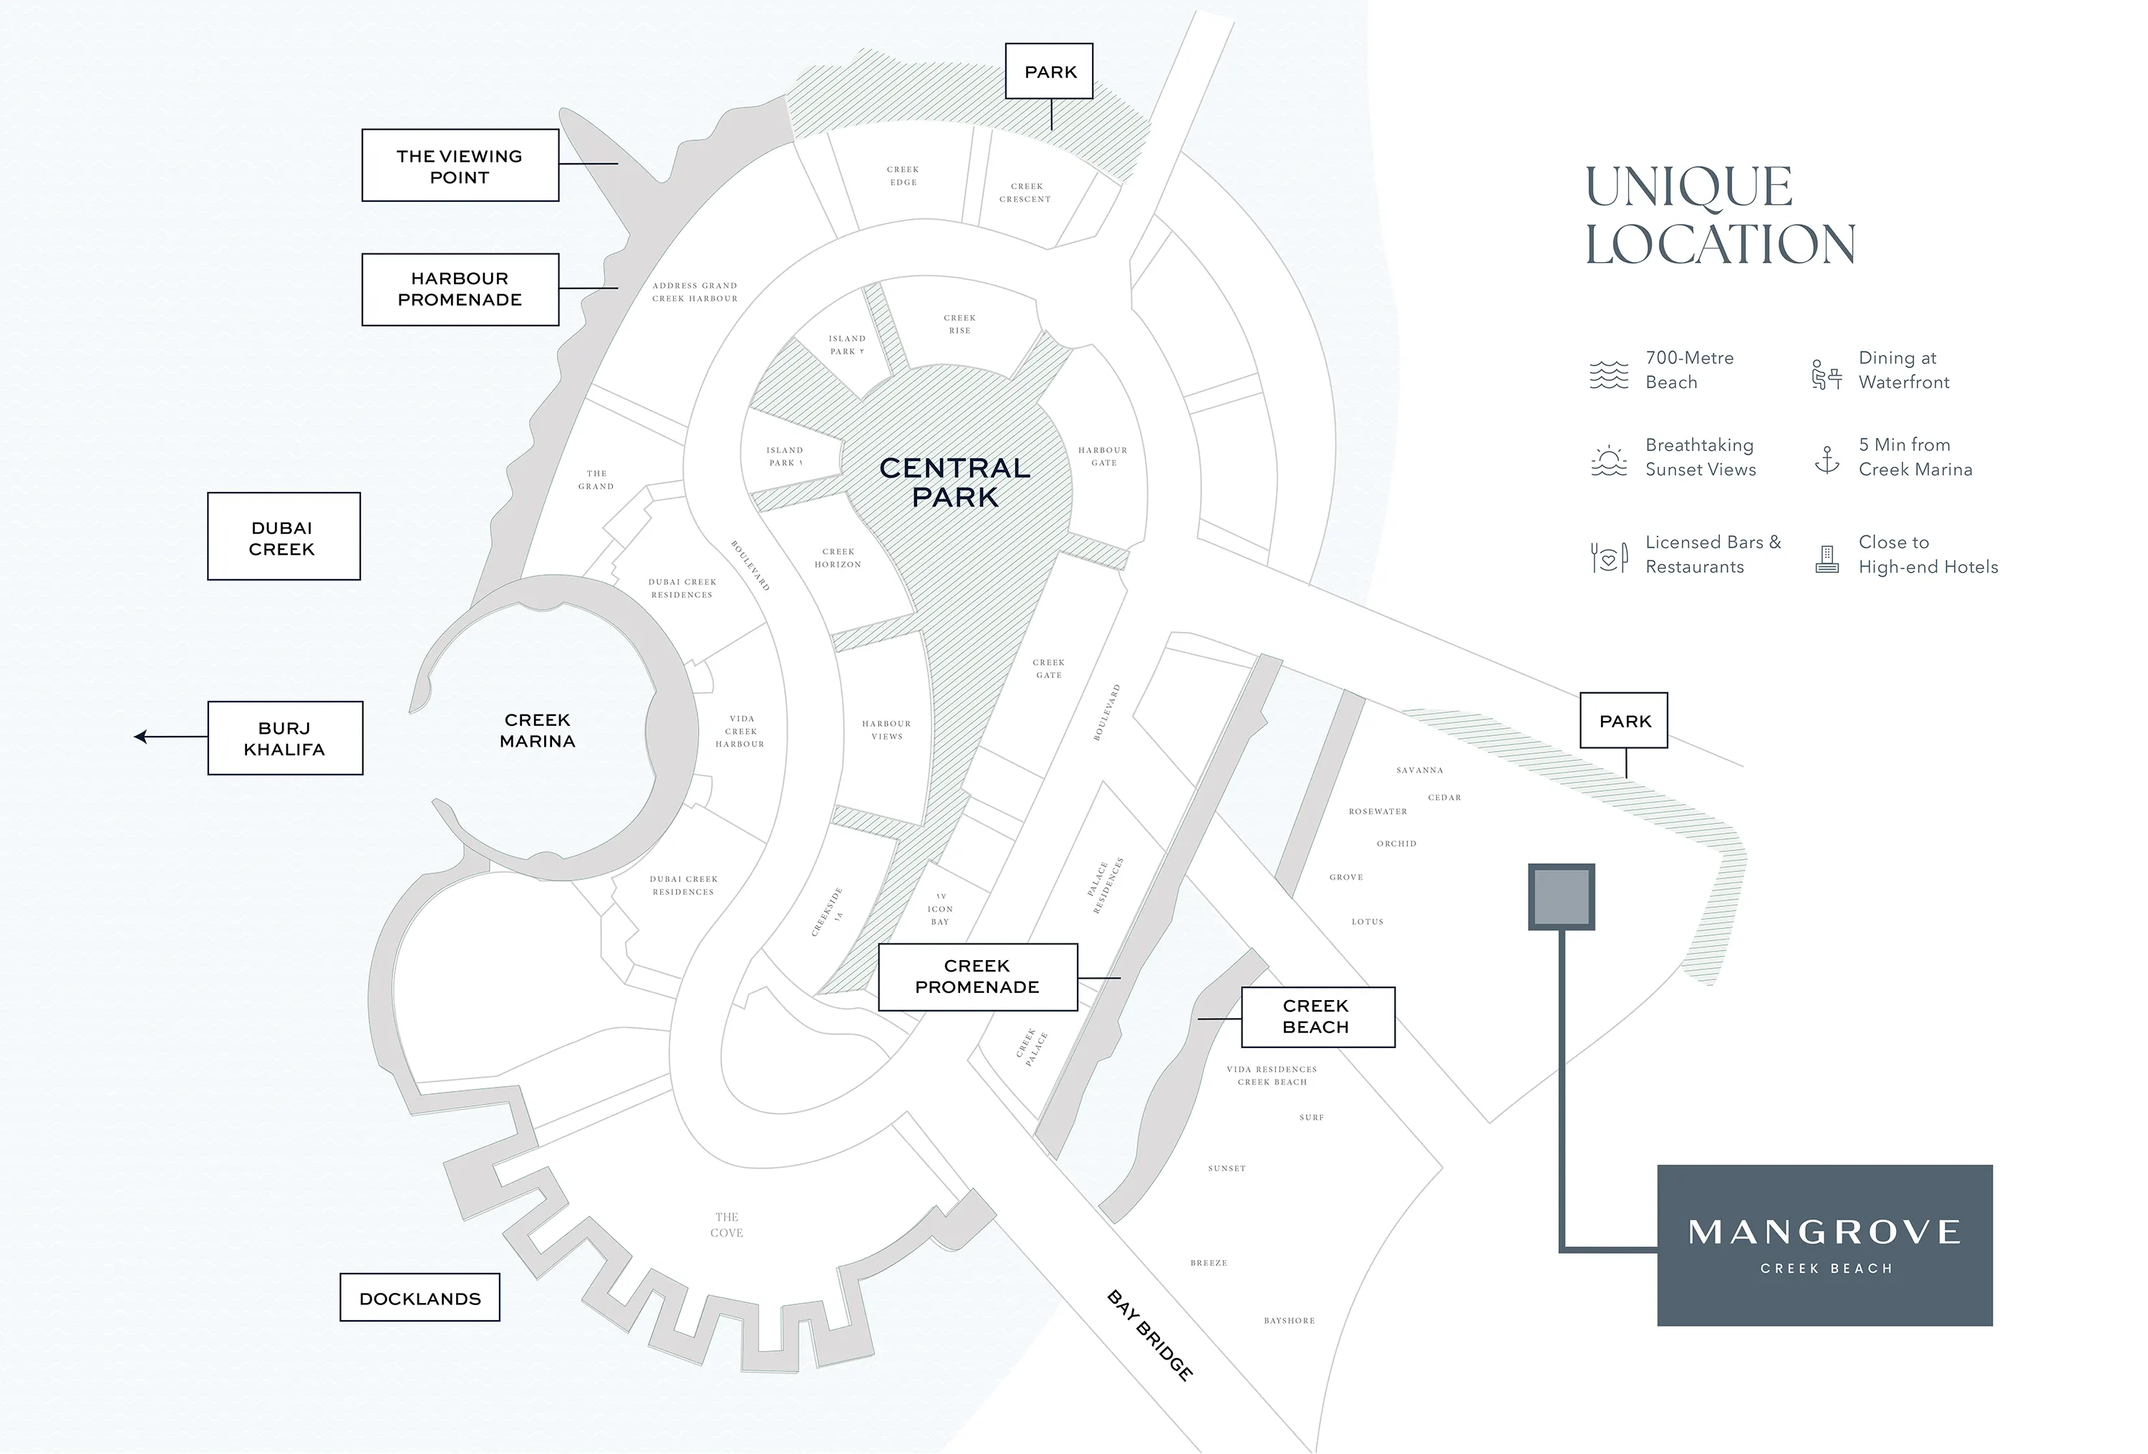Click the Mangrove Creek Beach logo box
point(1824,1244)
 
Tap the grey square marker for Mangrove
point(1561,896)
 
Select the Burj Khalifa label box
point(285,737)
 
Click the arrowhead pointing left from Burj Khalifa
point(140,737)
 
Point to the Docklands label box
point(420,1298)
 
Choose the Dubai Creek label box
point(283,537)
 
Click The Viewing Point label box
point(460,165)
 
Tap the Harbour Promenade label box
point(460,289)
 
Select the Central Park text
point(954,483)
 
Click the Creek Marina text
point(537,730)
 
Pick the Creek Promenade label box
point(977,976)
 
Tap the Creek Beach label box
point(1316,1016)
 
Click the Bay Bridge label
point(1149,1334)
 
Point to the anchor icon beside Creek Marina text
point(1827,458)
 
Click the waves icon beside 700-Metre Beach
point(1608,374)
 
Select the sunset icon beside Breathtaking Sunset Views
point(1608,460)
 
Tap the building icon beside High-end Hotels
point(1827,558)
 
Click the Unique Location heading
point(1720,215)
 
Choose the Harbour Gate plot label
point(1103,457)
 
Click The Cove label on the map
point(727,1225)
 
